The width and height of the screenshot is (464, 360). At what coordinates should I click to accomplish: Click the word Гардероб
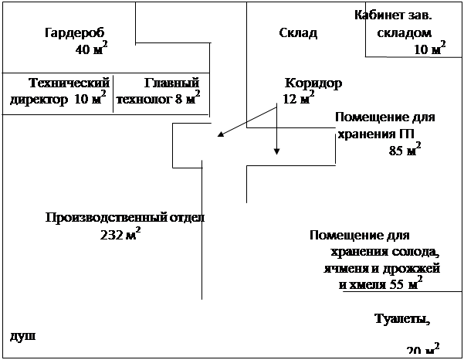pos(75,33)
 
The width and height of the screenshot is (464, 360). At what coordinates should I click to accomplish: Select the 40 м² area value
pos(91,49)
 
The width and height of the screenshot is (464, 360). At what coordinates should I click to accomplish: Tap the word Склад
pos(298,33)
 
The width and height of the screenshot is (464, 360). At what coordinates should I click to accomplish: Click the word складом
pos(405,33)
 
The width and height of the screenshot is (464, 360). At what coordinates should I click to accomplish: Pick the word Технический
pos(69,83)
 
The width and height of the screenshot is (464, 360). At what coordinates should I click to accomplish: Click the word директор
pos(39,100)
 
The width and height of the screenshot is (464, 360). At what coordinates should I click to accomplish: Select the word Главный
pos(171,83)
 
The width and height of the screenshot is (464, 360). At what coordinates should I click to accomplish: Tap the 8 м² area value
pos(188,98)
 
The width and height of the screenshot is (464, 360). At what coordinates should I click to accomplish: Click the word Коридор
pos(313,83)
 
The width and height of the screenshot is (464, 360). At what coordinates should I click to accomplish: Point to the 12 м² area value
pos(299,98)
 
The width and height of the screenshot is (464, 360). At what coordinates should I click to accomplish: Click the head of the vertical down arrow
pos(276,151)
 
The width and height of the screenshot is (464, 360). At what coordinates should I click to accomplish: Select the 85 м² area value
pos(405,150)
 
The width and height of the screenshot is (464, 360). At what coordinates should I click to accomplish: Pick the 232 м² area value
pos(120,235)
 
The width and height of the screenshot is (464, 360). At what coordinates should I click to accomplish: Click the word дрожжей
pos(412,269)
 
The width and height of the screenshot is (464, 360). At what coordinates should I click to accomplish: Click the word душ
pos(23,337)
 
